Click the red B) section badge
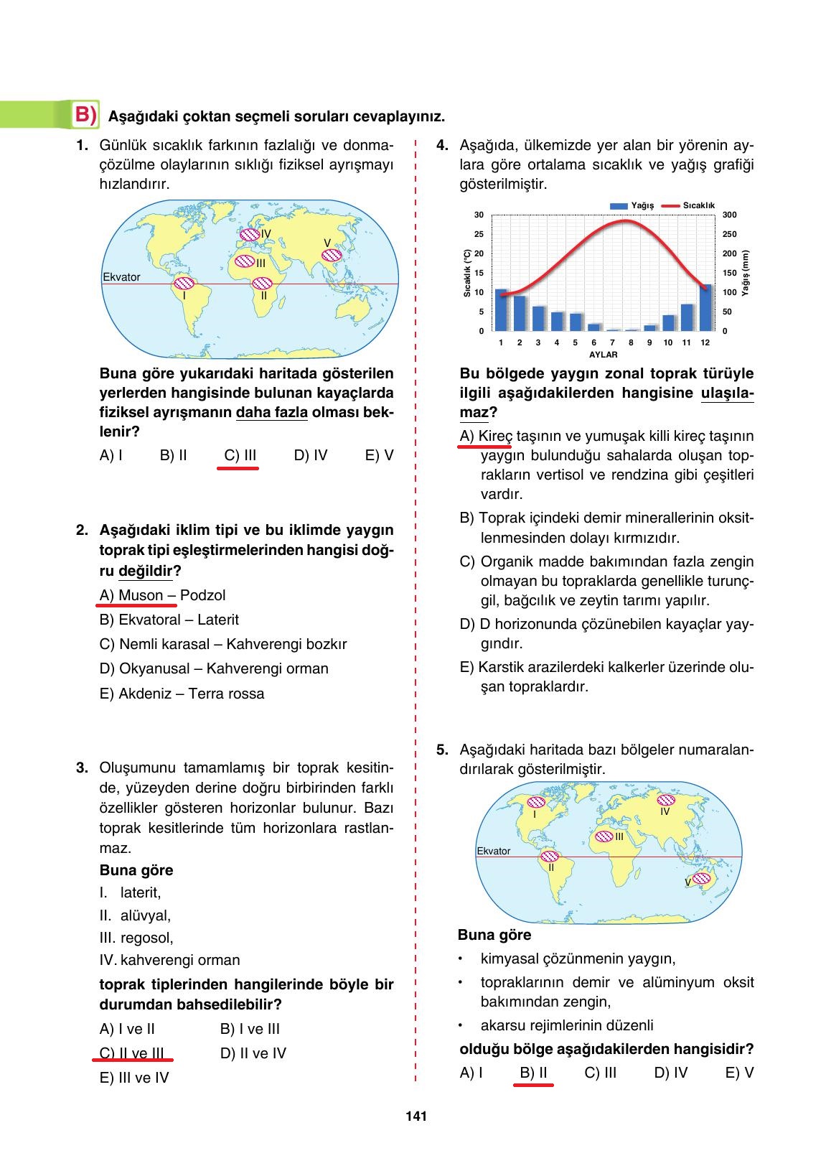coord(85,115)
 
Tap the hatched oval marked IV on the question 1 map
coord(250,234)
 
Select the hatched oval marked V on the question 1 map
coord(331,256)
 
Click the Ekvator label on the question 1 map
coord(121,277)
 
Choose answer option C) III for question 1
coord(240,455)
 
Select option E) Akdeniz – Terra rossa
coord(182,694)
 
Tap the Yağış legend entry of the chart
coord(632,205)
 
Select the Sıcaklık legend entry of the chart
coord(688,205)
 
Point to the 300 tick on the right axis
coord(729,215)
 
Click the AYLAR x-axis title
coord(603,355)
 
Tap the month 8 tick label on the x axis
coord(631,342)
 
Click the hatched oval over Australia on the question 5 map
coord(701,878)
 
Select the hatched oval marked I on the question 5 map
coord(535,803)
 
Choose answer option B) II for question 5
coord(533,1073)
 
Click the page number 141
coord(416,1116)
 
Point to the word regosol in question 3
coord(146,938)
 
